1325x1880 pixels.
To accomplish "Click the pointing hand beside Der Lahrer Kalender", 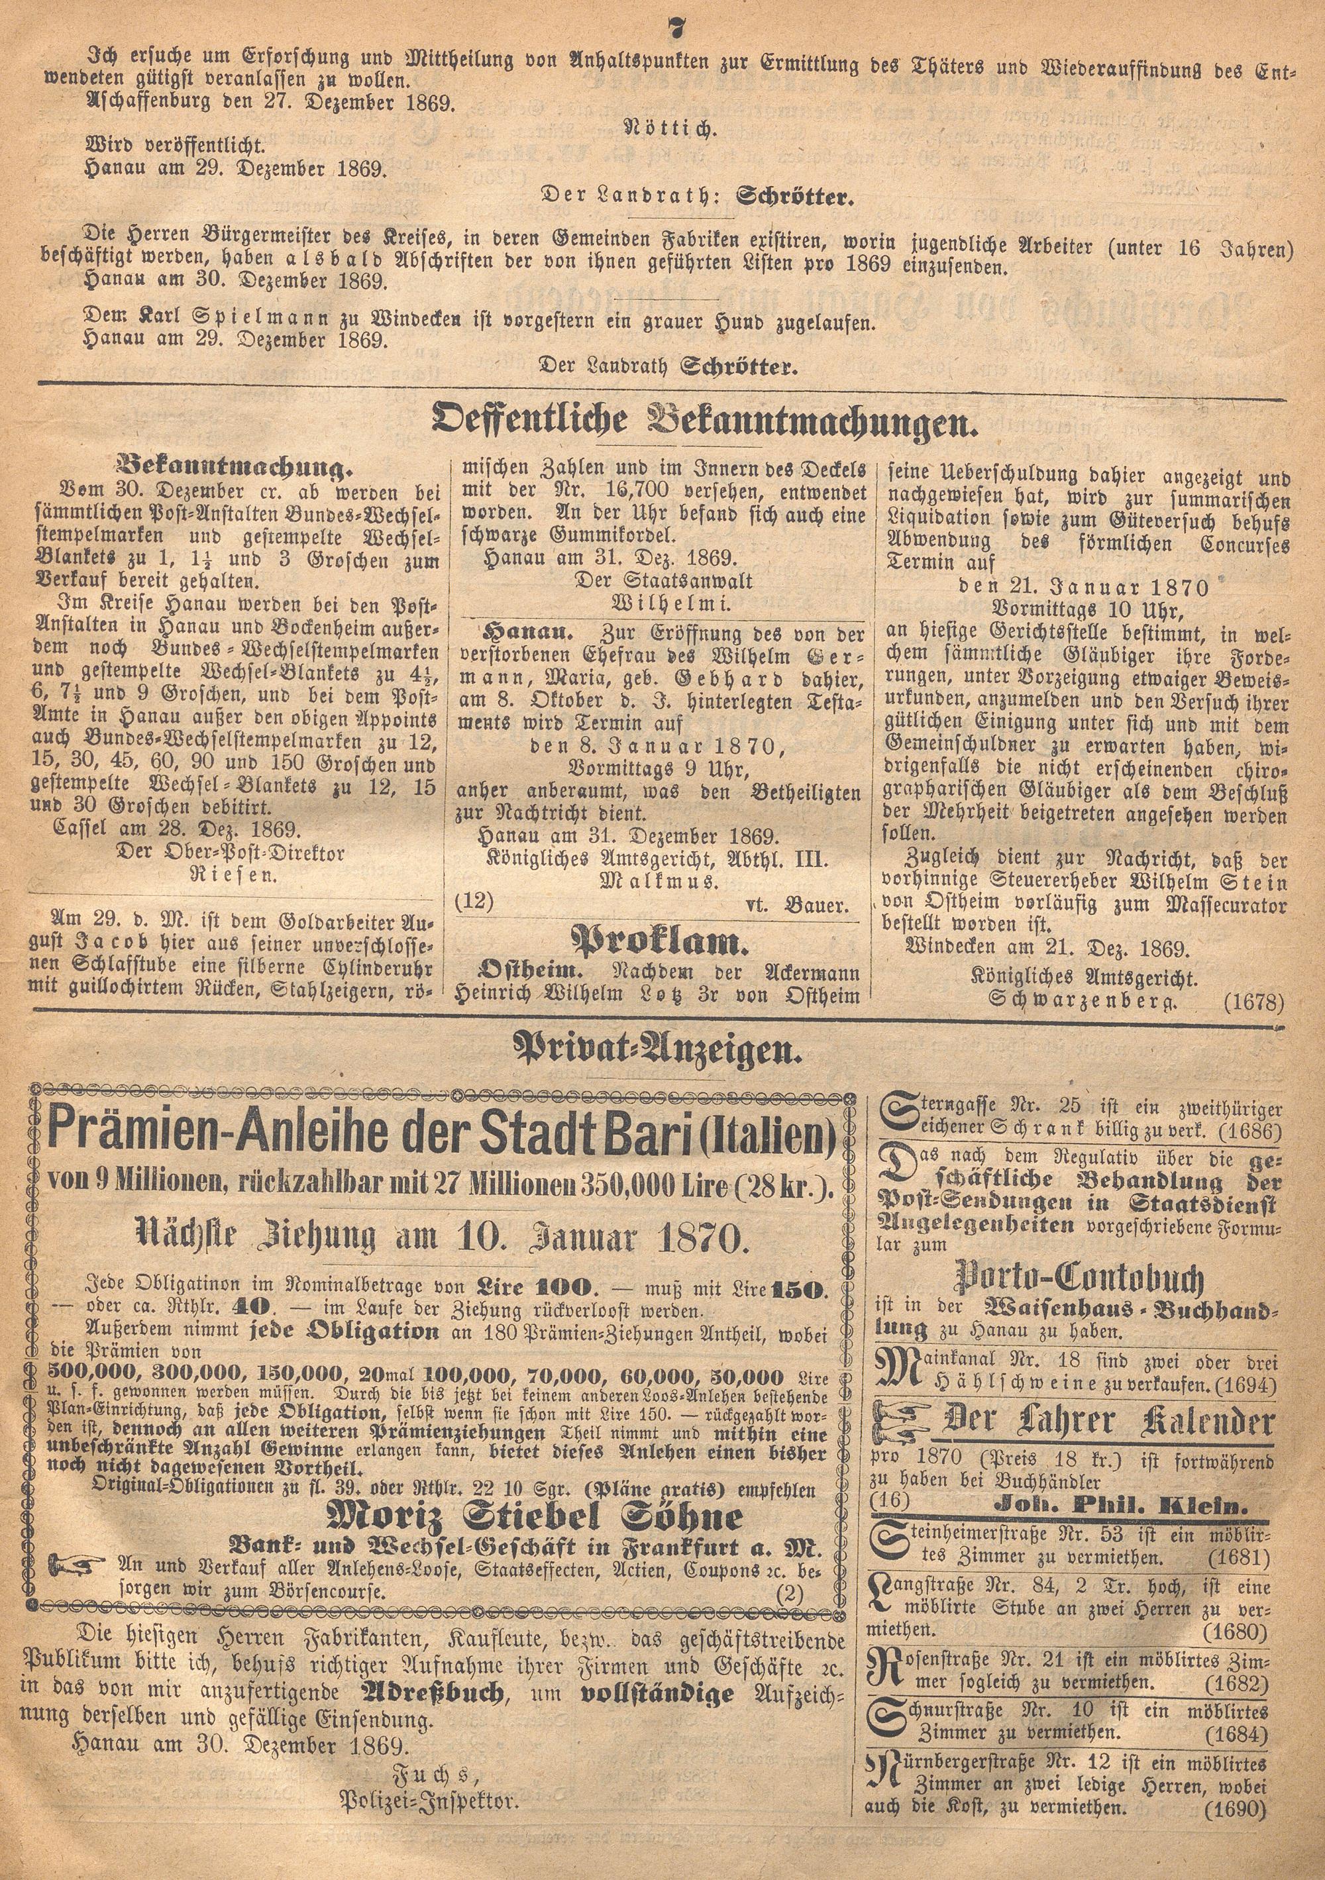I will [x=902, y=1422].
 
